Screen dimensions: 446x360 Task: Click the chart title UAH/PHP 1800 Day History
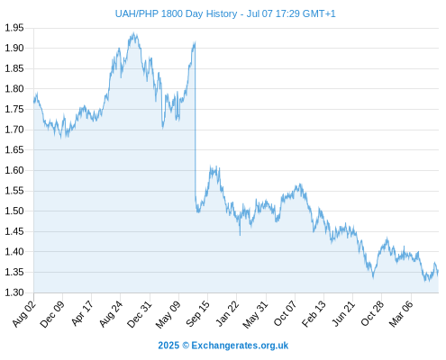coord(176,13)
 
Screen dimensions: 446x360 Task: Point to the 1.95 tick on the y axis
coord(14,28)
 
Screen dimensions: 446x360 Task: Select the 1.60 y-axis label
coord(14,170)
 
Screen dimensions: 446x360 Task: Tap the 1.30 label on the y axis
coord(14,292)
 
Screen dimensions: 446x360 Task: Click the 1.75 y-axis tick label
coord(14,109)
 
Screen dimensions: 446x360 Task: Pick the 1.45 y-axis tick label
coord(14,231)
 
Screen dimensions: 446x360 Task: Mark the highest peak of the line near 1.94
coord(133,33)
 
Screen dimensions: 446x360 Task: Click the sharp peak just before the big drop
coord(195,42)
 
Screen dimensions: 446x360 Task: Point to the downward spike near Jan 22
coord(240,235)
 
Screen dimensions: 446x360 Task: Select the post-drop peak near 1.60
coord(211,166)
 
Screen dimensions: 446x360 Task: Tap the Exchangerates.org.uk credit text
coord(240,346)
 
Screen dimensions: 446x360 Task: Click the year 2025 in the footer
coord(168,346)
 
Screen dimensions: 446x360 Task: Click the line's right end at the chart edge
coord(438,271)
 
